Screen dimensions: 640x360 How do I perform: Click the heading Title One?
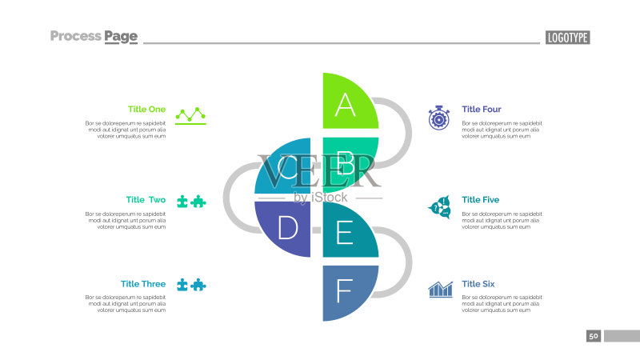click(146, 109)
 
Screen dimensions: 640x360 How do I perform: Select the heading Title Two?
click(146, 199)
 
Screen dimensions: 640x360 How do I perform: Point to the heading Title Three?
click(143, 284)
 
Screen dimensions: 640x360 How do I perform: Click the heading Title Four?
click(482, 109)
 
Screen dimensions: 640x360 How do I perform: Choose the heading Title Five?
click(481, 199)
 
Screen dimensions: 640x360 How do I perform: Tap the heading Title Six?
click(478, 284)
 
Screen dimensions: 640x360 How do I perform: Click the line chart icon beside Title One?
click(190, 115)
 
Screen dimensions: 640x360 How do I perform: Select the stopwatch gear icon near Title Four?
click(438, 118)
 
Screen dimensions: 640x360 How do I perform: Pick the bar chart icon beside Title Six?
click(441, 290)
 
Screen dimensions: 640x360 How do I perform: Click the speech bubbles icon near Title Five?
click(439, 207)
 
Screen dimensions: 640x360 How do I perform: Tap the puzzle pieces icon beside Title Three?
click(191, 285)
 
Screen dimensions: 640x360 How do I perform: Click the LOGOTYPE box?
click(568, 38)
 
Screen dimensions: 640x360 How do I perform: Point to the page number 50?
click(594, 336)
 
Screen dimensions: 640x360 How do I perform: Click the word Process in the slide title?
click(75, 36)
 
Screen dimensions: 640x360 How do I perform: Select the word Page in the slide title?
click(121, 37)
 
